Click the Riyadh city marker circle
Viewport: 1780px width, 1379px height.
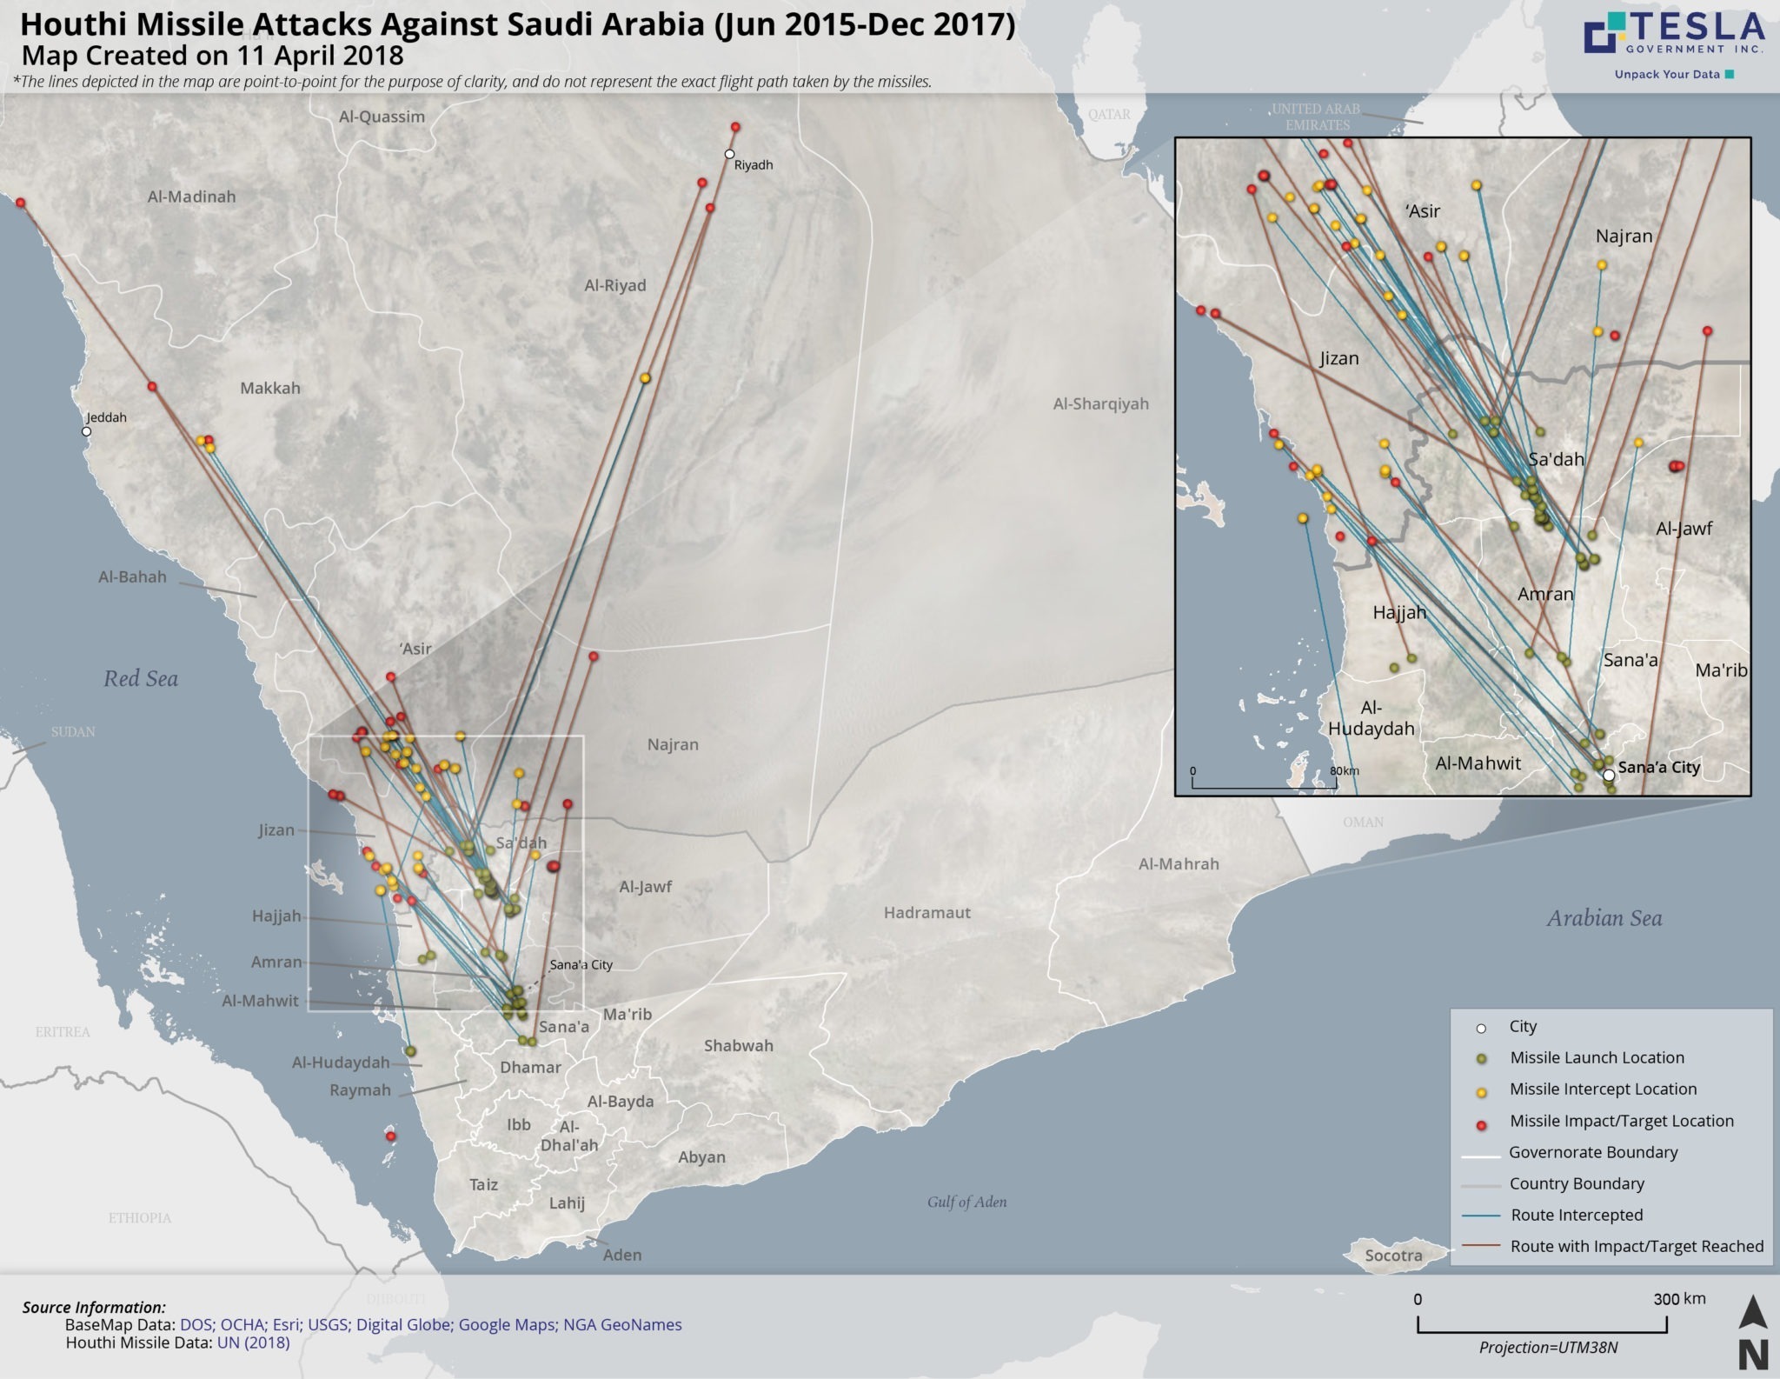point(730,154)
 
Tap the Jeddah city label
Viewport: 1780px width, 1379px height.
point(106,417)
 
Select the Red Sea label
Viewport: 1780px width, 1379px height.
point(141,679)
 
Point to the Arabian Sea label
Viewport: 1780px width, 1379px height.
point(1604,918)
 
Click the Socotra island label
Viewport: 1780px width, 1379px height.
point(1393,1256)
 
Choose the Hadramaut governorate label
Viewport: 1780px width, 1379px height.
point(927,913)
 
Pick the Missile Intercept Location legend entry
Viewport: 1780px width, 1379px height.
point(1603,1089)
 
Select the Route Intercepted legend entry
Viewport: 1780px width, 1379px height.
point(1577,1216)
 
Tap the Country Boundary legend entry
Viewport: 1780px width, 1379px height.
point(1577,1184)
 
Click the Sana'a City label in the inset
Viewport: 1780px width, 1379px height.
point(1658,768)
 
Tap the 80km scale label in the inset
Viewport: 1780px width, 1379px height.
point(1344,771)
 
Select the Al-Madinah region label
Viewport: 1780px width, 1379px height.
point(191,197)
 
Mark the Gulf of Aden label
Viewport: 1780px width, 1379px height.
point(966,1202)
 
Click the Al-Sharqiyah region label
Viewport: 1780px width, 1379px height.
point(1100,403)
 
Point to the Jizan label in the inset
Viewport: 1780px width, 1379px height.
point(1338,358)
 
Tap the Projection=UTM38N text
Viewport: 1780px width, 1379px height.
point(1548,1349)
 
